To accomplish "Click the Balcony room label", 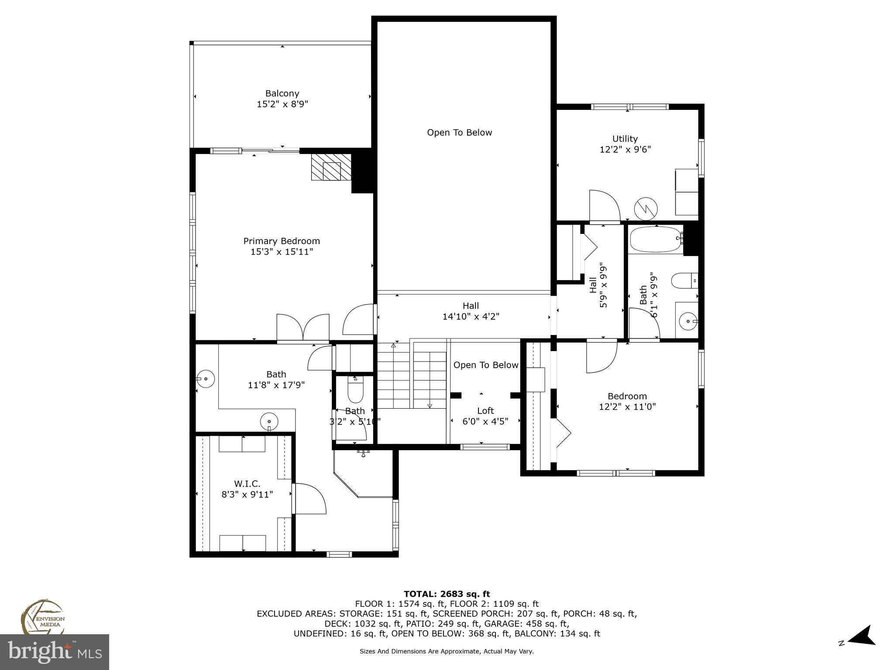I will pos(282,93).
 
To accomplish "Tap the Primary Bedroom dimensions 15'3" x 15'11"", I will pos(282,252).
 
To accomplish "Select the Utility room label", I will pos(625,139).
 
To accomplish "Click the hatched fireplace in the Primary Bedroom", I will pos(331,167).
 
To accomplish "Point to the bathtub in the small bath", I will pos(656,239).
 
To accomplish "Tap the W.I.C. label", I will pos(247,483).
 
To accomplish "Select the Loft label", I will pos(485,410).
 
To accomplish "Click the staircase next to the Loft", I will pos(412,375).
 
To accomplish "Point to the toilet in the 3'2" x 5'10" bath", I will pos(355,390).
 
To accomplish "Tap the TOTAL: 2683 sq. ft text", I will pos(447,594).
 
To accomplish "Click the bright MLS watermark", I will pos(55,652).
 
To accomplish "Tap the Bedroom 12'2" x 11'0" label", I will pos(627,401).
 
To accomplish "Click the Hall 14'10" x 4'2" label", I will pos(471,311).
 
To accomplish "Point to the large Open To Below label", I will pos(459,133).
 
